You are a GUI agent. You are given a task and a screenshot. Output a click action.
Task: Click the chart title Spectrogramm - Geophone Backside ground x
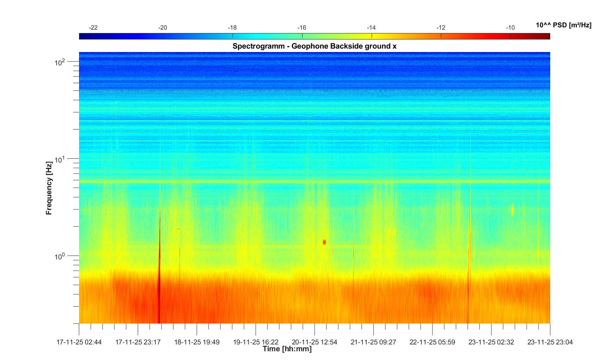tap(315, 46)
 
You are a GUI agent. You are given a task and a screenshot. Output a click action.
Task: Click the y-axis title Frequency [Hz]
tap(49, 188)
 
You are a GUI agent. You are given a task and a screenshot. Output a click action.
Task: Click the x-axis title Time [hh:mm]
tap(287, 349)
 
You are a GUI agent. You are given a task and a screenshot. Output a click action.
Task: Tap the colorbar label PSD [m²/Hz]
tap(564, 25)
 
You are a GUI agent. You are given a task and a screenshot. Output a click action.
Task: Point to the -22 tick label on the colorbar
tap(93, 28)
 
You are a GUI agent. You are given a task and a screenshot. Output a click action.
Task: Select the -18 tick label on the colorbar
tap(232, 28)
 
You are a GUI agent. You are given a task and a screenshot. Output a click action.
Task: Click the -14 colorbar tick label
tap(371, 28)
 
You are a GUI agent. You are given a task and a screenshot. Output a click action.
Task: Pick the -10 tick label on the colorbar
tap(510, 28)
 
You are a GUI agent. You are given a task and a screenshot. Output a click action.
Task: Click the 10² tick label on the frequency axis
tap(60, 62)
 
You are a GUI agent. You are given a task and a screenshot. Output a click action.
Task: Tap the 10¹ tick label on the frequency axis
tap(60, 159)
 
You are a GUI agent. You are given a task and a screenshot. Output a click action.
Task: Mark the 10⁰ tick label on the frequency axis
tap(60, 256)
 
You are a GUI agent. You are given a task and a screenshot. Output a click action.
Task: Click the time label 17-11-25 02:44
tap(79, 342)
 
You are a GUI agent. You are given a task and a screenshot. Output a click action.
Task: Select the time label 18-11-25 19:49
tap(197, 342)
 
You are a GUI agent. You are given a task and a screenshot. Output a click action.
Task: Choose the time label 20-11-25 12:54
tap(315, 342)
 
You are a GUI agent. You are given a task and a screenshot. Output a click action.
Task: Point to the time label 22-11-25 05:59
tap(432, 342)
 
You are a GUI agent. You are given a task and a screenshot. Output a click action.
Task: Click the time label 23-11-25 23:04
tap(550, 342)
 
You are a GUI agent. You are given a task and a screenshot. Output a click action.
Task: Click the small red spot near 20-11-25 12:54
tap(325, 242)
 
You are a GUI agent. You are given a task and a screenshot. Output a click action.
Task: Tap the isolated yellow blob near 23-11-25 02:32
tap(513, 210)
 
